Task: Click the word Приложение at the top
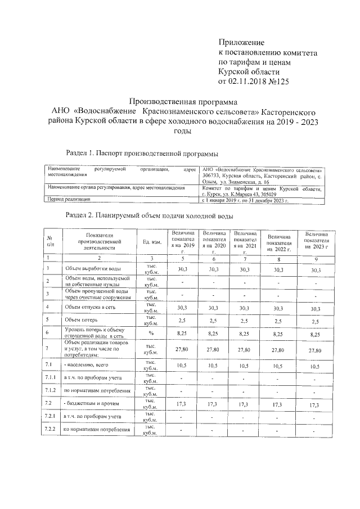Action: coord(241,42)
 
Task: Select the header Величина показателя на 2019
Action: coord(183,242)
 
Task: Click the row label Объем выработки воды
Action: coord(92,269)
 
